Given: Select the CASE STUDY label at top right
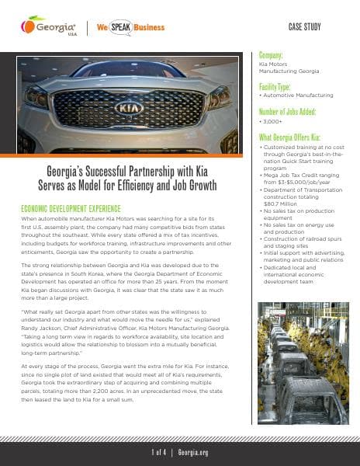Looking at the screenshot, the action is (x=306, y=26).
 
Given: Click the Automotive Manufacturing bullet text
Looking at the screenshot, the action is (x=299, y=96).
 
